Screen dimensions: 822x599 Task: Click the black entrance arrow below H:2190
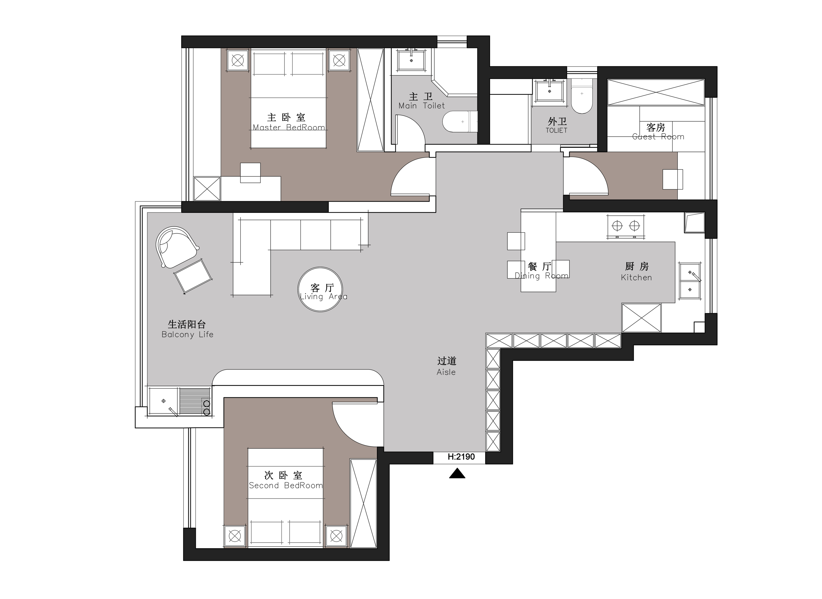(x=457, y=474)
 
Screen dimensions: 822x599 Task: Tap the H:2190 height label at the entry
(x=461, y=457)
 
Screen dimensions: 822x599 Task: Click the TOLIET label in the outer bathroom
(x=556, y=130)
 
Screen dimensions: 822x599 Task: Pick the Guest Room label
(x=658, y=137)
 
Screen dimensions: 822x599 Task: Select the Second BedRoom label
(x=286, y=486)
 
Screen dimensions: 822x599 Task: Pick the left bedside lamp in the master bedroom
(x=238, y=60)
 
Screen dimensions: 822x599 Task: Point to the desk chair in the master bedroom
(x=250, y=173)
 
